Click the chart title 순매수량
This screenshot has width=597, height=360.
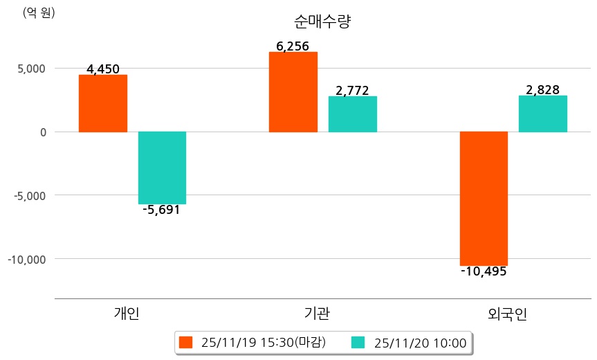322,21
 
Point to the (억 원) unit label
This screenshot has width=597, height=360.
39,12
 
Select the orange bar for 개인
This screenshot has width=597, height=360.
103,103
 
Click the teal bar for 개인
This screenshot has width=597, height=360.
162,168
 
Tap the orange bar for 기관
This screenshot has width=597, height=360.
293,92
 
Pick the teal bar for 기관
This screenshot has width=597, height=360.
352,114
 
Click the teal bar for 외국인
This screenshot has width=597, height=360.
542,114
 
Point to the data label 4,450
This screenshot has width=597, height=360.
103,69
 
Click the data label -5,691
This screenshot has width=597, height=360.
161,210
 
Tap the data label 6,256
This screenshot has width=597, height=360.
293,46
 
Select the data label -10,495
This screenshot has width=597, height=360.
484,271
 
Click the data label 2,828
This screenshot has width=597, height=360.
542,90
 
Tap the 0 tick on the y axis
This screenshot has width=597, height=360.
42,132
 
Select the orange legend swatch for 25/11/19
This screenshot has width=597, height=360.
185,342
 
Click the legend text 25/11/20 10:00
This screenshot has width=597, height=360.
419,342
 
